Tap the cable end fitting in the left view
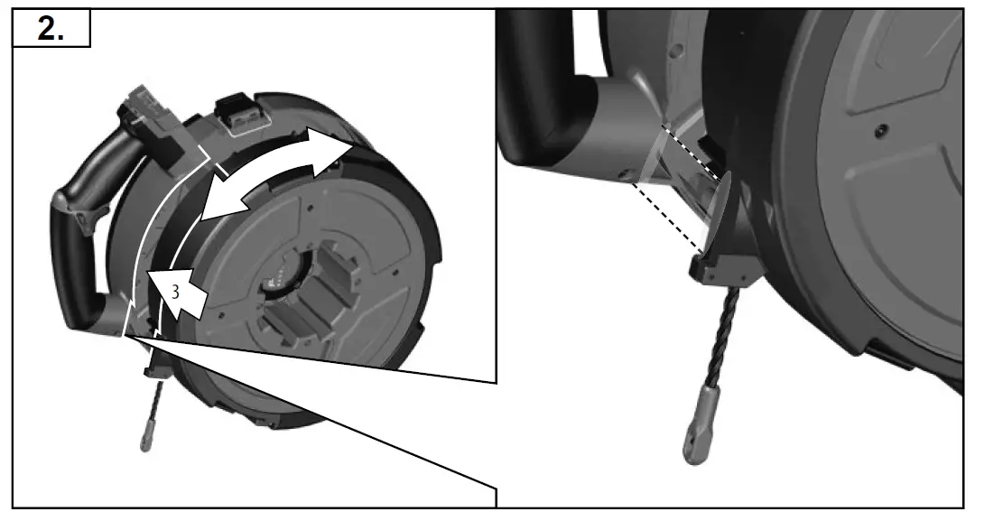(x=147, y=439)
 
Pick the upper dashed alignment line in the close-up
(x=692, y=152)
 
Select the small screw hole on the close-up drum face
(x=878, y=133)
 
